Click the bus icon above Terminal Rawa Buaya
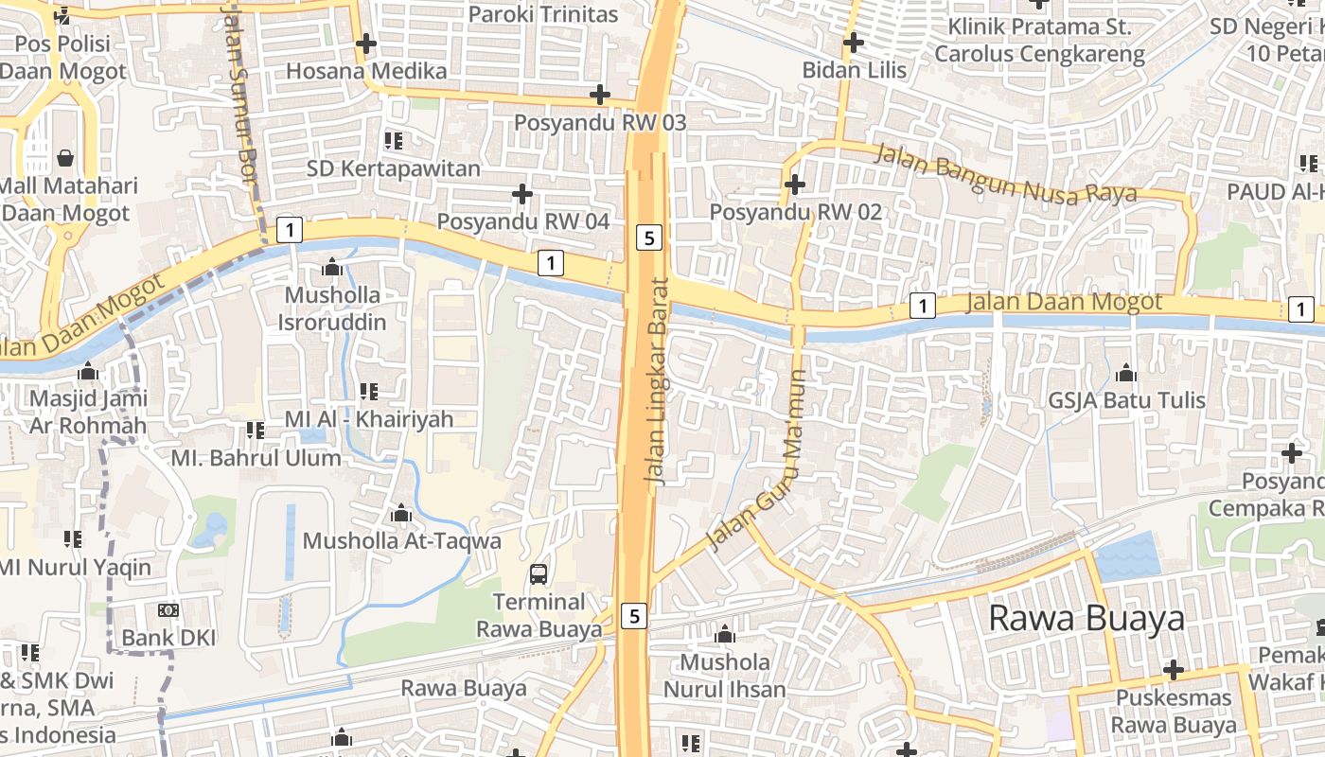(538, 573)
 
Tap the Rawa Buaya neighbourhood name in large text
(1086, 618)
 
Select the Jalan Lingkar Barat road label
(658, 381)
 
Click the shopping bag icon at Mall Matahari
(65, 157)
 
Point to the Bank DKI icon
(168, 610)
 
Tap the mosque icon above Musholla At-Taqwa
(401, 514)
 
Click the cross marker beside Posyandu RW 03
(599, 95)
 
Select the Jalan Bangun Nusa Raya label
(1005, 173)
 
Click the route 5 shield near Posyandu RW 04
(648, 238)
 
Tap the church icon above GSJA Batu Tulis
(1126, 373)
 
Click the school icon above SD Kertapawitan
(394, 141)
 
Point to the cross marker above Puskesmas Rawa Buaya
(1174, 670)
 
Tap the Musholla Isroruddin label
(332, 308)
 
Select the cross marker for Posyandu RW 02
(795, 184)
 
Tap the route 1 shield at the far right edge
(1301, 308)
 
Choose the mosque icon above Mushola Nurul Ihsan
(725, 634)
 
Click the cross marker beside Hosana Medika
(365, 44)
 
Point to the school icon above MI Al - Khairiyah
(369, 391)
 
